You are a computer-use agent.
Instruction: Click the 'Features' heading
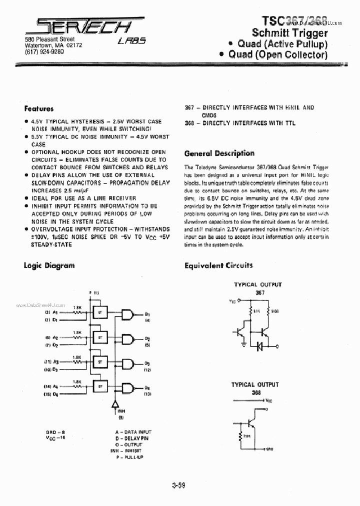38,108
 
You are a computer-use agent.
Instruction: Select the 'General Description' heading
219,153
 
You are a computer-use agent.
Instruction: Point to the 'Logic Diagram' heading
49,265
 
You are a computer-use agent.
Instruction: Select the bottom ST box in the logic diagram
100,385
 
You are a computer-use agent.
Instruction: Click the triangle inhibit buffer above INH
115,404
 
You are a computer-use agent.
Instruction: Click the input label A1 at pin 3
55,312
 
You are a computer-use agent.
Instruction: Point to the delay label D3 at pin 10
55,369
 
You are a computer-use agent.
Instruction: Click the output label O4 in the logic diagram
147,388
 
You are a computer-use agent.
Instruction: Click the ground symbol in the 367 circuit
243,343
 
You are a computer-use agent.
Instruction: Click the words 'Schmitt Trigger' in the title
289,33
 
